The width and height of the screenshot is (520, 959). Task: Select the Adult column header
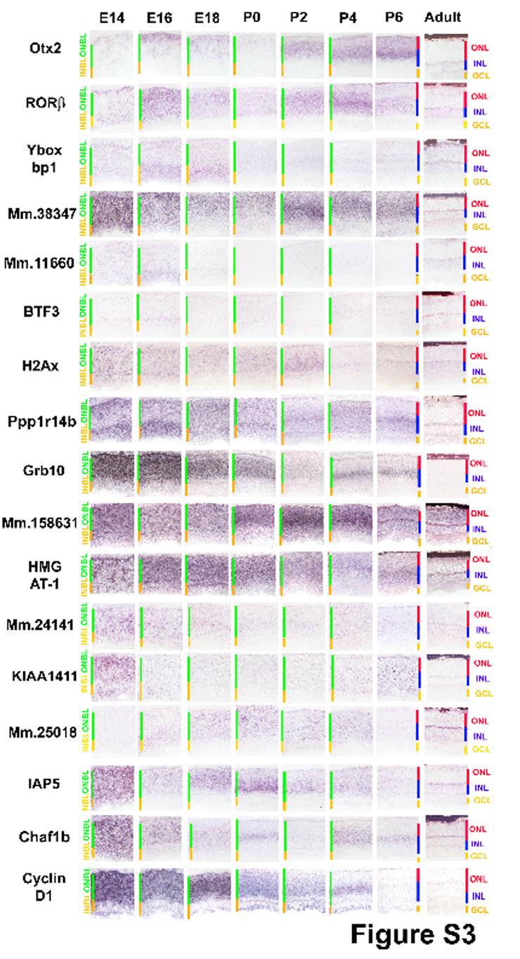[443, 18]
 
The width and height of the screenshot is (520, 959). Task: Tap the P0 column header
[251, 18]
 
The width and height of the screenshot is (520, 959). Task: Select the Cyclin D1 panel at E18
[208, 888]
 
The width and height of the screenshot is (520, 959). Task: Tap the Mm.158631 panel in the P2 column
[304, 523]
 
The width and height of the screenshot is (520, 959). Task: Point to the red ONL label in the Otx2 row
[481, 47]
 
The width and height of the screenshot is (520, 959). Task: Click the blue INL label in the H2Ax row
[479, 372]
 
